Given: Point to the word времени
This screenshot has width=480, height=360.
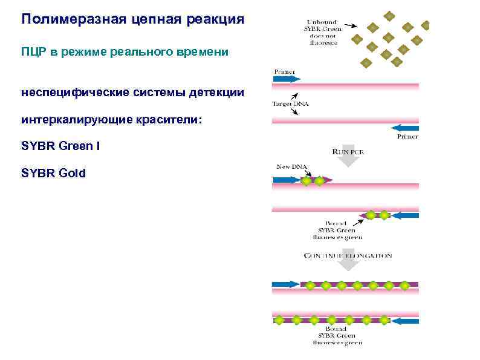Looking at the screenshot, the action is [x=202, y=52].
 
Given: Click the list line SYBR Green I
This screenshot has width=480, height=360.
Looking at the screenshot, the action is [x=57, y=146].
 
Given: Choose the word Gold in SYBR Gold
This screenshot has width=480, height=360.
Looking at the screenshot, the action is [x=71, y=174].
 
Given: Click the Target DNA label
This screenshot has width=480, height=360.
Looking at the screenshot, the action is [x=290, y=103].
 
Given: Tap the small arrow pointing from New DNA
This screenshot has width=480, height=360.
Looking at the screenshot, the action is [x=299, y=173].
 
